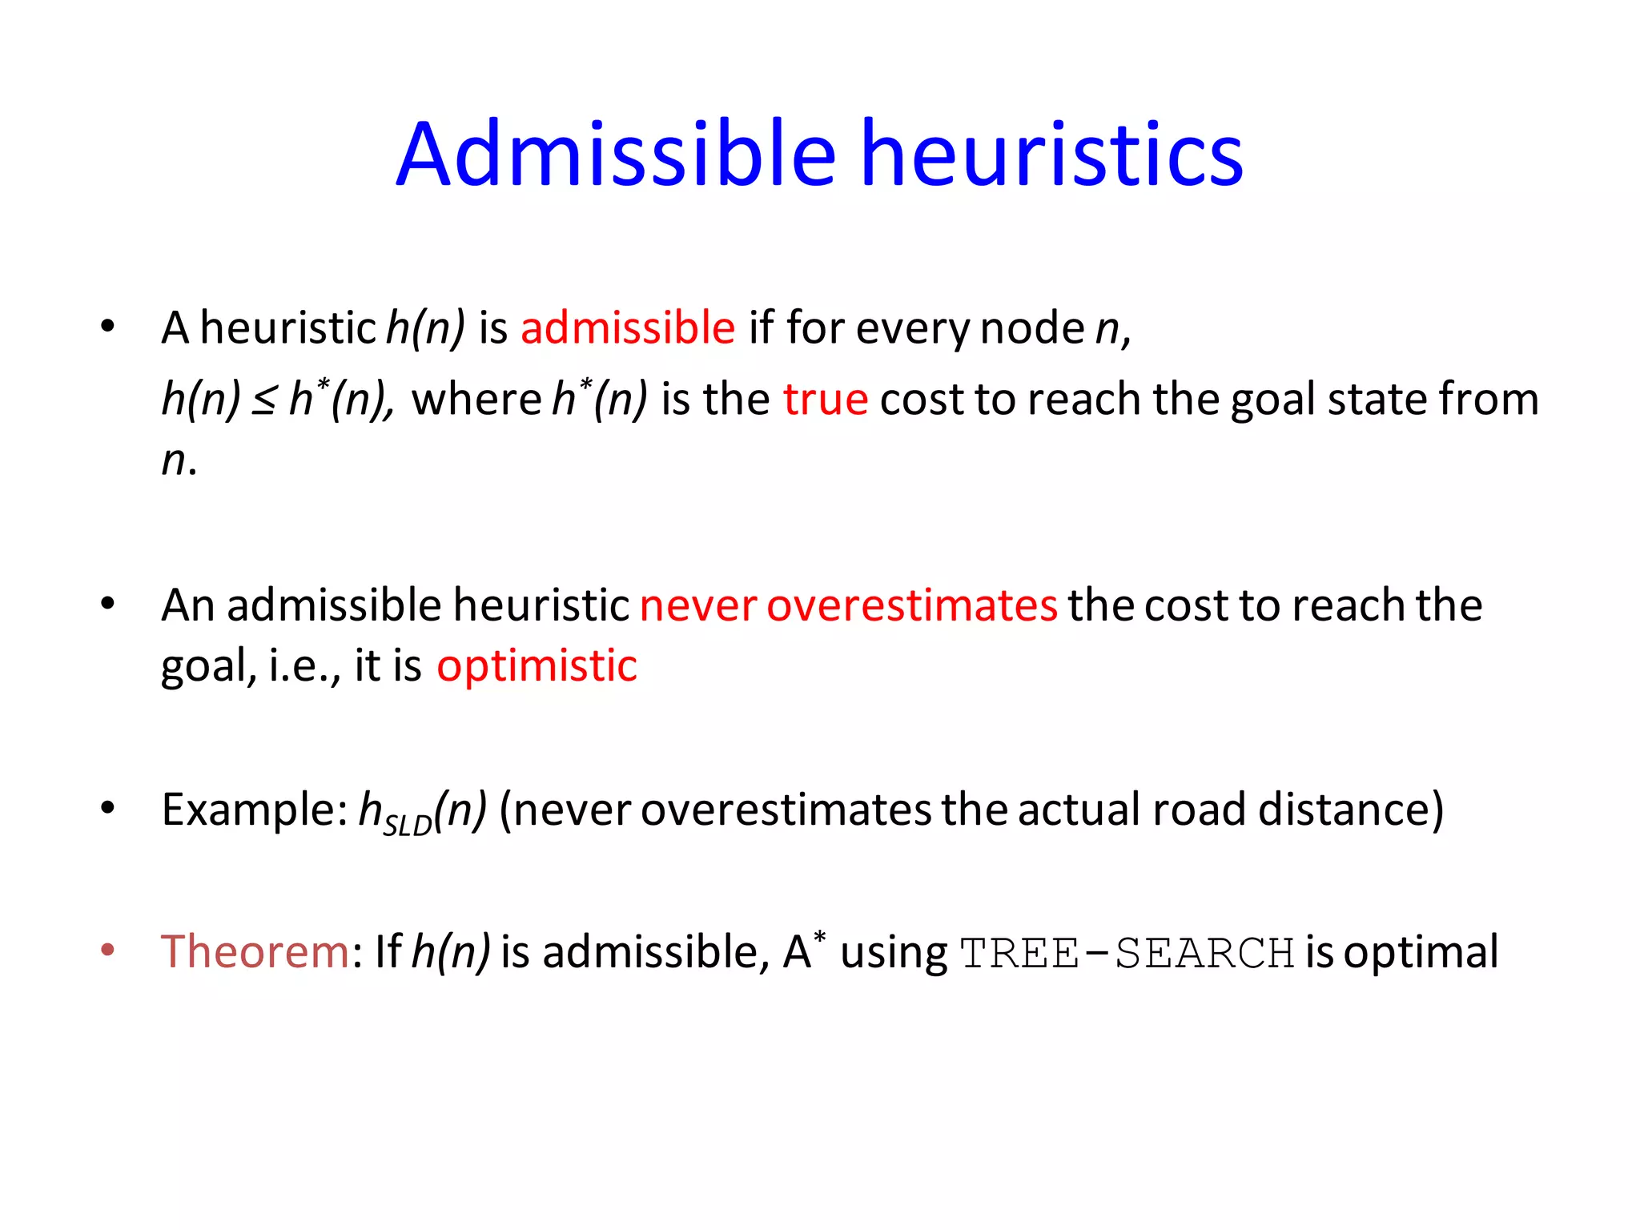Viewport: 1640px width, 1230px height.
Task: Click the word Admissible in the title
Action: pyautogui.click(x=617, y=154)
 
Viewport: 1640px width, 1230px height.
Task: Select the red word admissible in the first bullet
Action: pyautogui.click(x=628, y=328)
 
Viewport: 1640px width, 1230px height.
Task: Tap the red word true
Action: pyautogui.click(x=826, y=399)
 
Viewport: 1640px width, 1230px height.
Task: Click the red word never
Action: pyautogui.click(x=697, y=605)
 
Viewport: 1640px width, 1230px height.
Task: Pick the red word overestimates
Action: pyautogui.click(x=912, y=605)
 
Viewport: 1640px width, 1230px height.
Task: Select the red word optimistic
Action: pyautogui.click(x=537, y=666)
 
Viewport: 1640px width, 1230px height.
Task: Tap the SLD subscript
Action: pyautogui.click(x=408, y=824)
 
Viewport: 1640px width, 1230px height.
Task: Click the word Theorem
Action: pyautogui.click(x=255, y=952)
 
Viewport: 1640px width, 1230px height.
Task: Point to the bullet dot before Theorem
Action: pyautogui.click(x=108, y=951)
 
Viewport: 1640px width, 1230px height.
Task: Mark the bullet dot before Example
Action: pyautogui.click(x=108, y=808)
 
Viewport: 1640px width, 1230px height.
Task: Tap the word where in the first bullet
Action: pyautogui.click(x=477, y=399)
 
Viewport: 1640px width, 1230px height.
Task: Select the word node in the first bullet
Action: pyautogui.click(x=1032, y=328)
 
